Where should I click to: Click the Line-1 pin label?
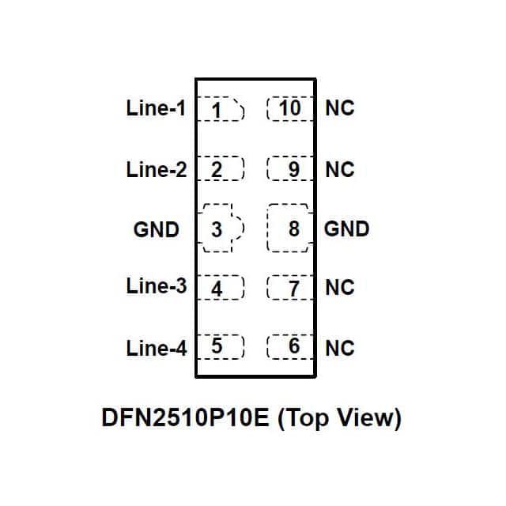pyautogui.click(x=156, y=108)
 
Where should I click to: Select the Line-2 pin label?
pyautogui.click(x=156, y=169)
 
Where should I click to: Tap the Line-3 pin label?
pyautogui.click(x=156, y=286)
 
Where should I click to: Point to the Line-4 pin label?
pyautogui.click(x=156, y=348)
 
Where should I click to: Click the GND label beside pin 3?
pyautogui.click(x=157, y=229)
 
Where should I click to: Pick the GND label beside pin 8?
pyautogui.click(x=347, y=229)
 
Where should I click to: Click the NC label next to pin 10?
pyautogui.click(x=340, y=108)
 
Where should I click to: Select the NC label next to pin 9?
pyautogui.click(x=340, y=169)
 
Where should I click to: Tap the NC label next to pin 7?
pyautogui.click(x=340, y=287)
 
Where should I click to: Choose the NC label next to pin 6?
pyautogui.click(x=340, y=348)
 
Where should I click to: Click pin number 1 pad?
pyautogui.click(x=219, y=109)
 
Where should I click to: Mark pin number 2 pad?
pyautogui.click(x=219, y=169)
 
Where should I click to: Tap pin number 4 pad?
pyautogui.click(x=219, y=288)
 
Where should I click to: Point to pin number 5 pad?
pyautogui.click(x=219, y=346)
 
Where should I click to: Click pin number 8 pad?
pyautogui.click(x=291, y=229)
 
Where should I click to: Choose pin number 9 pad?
pyautogui.click(x=290, y=169)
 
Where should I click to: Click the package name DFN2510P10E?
pyautogui.click(x=186, y=417)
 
